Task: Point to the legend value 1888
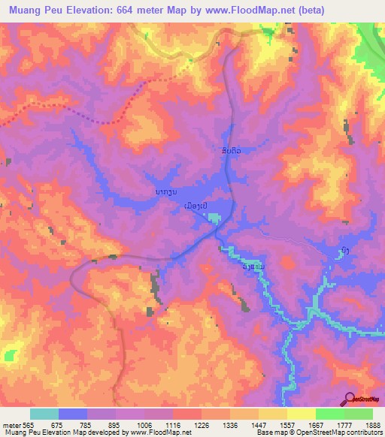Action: pos(359,424)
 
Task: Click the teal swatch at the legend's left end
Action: pos(44,414)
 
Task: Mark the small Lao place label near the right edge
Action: pos(343,252)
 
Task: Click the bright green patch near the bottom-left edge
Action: pos(11,354)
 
